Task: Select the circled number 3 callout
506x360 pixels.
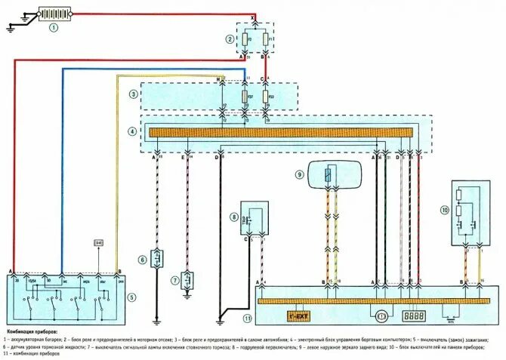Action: tap(133, 94)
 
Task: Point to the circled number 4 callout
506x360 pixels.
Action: tap(133, 131)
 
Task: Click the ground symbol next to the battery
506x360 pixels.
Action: tap(11, 29)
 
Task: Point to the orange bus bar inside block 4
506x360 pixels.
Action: tap(280, 132)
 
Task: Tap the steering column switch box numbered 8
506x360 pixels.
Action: tap(254, 217)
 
